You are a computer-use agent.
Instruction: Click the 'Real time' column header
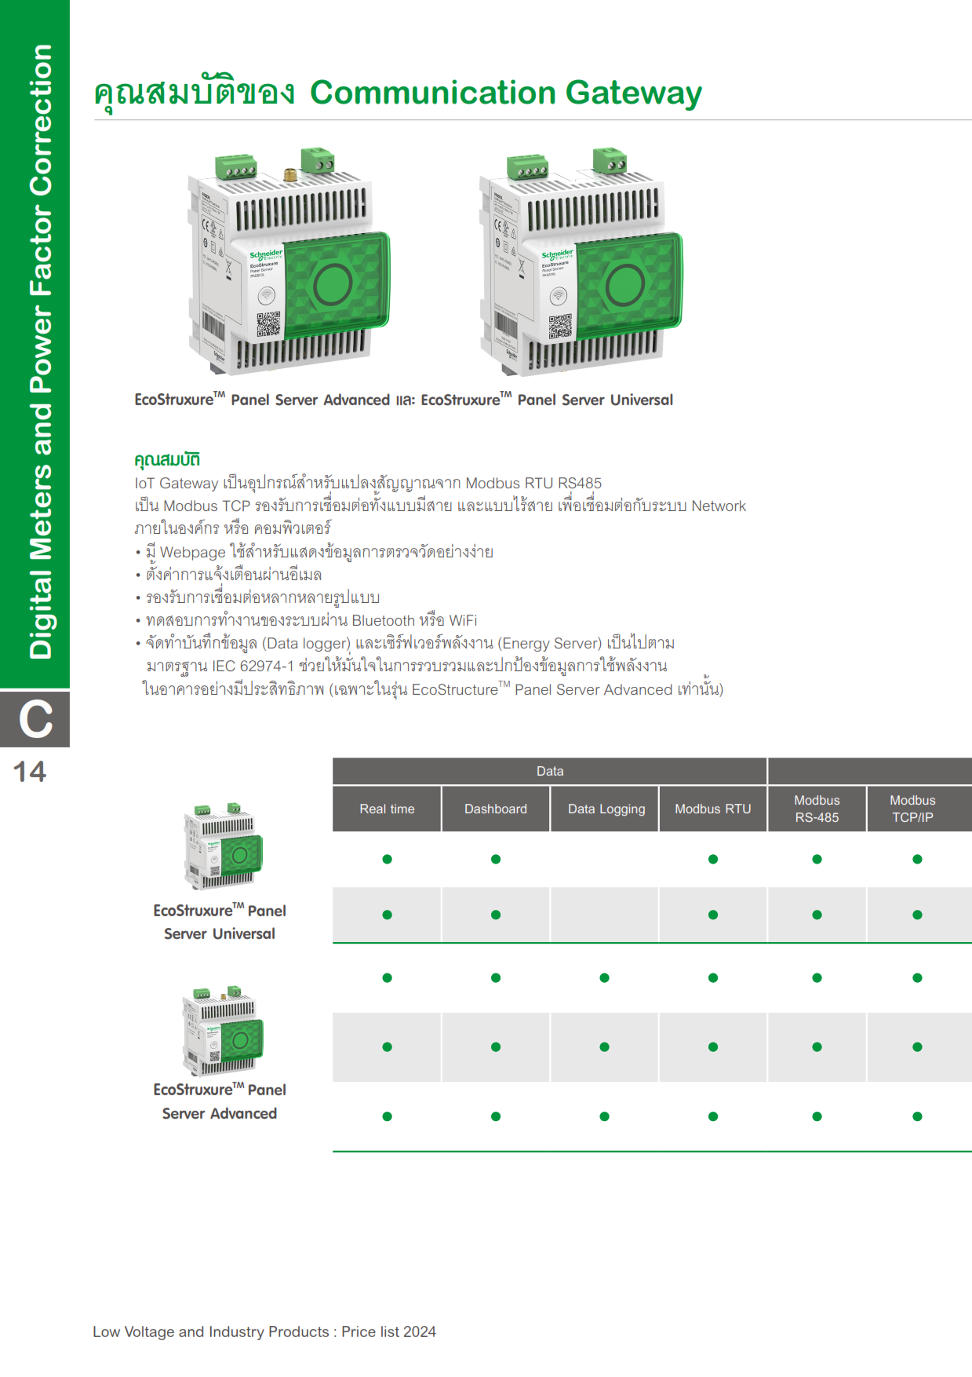click(x=387, y=809)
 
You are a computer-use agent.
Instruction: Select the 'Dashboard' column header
click(x=495, y=809)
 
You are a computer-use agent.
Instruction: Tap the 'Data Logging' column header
click(x=606, y=809)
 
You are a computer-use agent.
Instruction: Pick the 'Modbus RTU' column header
click(x=712, y=809)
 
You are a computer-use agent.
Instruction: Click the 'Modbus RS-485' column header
click(x=817, y=809)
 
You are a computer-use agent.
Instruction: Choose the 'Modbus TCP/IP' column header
click(x=912, y=809)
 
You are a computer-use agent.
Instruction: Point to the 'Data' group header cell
click(x=549, y=771)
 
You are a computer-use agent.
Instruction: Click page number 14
click(x=30, y=772)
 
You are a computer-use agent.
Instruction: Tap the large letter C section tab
click(x=35, y=719)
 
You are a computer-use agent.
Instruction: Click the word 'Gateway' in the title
click(x=633, y=93)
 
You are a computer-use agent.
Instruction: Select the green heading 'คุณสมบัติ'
click(x=167, y=459)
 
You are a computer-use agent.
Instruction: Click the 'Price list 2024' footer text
click(x=388, y=1331)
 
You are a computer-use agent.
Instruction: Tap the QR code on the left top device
click(x=268, y=323)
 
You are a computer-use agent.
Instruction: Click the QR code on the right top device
click(x=560, y=326)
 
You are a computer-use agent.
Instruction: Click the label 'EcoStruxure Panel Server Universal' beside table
click(x=220, y=922)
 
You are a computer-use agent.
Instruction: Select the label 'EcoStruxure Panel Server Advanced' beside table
click(x=220, y=1101)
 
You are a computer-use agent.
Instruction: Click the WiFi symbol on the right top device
click(x=558, y=296)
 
